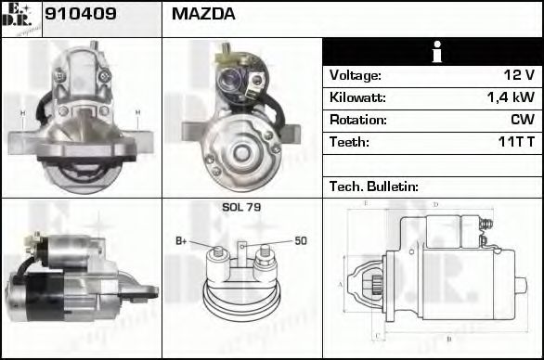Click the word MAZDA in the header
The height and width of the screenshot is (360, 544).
pyautogui.click(x=203, y=15)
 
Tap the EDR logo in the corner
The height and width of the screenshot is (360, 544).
pyautogui.click(x=20, y=19)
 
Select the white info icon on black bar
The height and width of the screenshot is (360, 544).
pyautogui.click(x=432, y=53)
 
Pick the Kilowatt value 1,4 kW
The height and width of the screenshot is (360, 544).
pyautogui.click(x=511, y=97)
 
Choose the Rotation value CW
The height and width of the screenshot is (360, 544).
pyautogui.click(x=522, y=120)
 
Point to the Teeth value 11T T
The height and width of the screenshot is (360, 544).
pyautogui.click(x=515, y=142)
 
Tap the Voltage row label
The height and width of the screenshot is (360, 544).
pyautogui.click(x=356, y=75)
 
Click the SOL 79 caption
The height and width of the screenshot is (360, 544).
pyautogui.click(x=241, y=208)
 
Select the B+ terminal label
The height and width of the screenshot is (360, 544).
pyautogui.click(x=181, y=241)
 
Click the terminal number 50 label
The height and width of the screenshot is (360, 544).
pyautogui.click(x=301, y=241)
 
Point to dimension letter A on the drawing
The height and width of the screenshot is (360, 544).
pyautogui.click(x=341, y=283)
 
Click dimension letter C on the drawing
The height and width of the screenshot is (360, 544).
pyautogui.click(x=375, y=336)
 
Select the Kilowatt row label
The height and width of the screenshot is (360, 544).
pyautogui.click(x=357, y=97)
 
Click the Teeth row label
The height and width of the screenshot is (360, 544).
pyautogui.click(x=350, y=142)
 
